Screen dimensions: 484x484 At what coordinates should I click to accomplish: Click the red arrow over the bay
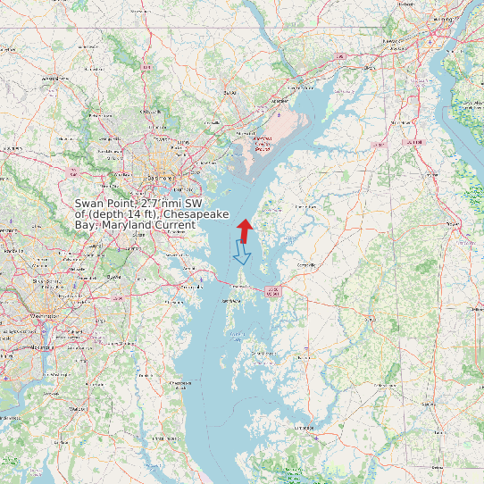[244, 229]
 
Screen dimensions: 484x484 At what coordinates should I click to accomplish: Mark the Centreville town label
[306, 264]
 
